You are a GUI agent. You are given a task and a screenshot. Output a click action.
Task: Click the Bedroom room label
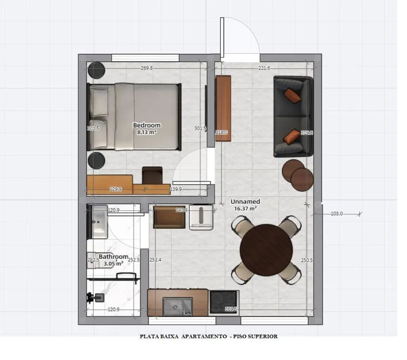point(147,125)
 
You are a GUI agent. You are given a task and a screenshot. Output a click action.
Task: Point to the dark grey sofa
point(293,116)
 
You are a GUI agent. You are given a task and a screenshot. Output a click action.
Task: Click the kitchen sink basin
point(177,306)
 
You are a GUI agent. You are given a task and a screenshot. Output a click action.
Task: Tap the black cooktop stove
point(224,303)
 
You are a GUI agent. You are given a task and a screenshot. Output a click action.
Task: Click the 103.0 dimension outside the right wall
point(337,214)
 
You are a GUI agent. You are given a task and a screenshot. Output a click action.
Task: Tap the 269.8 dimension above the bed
point(147,68)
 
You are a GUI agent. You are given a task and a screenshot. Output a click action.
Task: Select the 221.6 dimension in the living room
point(264,68)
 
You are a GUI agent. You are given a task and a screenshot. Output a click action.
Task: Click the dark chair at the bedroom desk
point(152,175)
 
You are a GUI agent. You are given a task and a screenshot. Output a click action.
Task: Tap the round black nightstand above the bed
point(96,71)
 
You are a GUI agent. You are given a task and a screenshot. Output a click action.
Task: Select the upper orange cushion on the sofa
point(292,95)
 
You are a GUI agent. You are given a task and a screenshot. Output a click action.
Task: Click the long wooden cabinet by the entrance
point(223,108)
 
